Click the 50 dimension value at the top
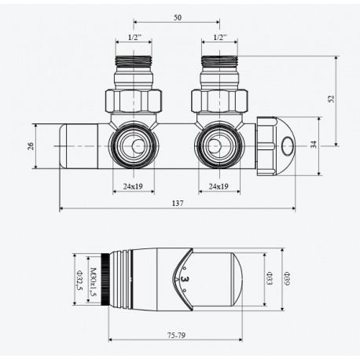(x=178, y=17)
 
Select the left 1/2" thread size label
(x=134, y=38)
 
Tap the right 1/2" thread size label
(x=220, y=38)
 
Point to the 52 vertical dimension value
(x=332, y=99)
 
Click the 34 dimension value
(x=314, y=145)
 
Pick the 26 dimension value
(x=31, y=146)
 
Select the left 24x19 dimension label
(x=133, y=186)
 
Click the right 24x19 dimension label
(x=219, y=186)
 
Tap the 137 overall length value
(x=178, y=203)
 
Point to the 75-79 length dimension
(x=176, y=335)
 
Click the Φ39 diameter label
(x=287, y=278)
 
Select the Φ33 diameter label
(x=269, y=278)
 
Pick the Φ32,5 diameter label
(x=79, y=280)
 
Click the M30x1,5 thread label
(x=93, y=281)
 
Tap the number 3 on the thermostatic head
(x=185, y=279)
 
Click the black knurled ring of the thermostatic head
(x=105, y=279)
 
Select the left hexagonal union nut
(x=134, y=101)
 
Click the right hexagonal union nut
(x=219, y=101)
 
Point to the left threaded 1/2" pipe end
(x=134, y=61)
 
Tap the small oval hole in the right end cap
(x=287, y=145)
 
